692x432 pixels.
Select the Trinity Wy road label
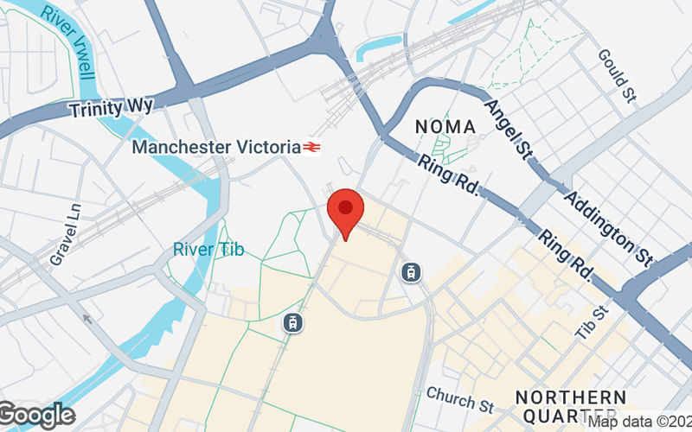coord(112,108)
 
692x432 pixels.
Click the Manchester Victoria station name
coord(215,147)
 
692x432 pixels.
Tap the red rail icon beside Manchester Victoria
coord(312,148)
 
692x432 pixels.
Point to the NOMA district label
coord(445,127)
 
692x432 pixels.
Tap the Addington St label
coord(606,226)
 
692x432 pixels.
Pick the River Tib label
coord(208,250)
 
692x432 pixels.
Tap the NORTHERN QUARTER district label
coord(571,406)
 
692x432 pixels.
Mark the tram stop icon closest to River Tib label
coord(293,323)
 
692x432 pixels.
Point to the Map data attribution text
coord(639,422)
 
